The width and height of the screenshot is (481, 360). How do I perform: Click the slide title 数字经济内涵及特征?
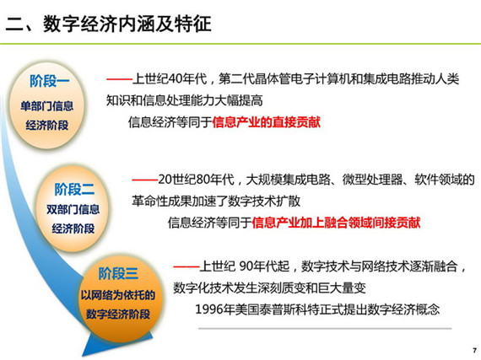[127, 24]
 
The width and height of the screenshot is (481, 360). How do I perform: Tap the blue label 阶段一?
[50, 81]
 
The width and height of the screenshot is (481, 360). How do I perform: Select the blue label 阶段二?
[74, 189]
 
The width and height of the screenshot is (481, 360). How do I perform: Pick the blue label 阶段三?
[118, 273]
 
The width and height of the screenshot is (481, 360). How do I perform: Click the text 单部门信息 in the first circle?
[47, 106]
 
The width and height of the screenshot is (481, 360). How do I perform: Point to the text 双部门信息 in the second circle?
[73, 210]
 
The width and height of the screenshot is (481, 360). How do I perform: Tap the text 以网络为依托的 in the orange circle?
[118, 295]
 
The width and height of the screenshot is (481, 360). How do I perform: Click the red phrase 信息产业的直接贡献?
[267, 122]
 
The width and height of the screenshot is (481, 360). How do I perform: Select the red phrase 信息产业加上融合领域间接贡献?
[336, 223]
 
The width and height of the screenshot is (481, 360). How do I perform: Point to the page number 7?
[475, 350]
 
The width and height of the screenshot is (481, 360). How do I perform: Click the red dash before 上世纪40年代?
[119, 79]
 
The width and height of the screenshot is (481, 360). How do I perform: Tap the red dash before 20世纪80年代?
[145, 180]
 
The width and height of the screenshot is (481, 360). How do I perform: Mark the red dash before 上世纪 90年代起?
[186, 267]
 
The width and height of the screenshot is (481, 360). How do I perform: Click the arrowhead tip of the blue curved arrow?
[83, 357]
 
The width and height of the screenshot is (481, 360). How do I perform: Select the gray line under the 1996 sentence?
[325, 329]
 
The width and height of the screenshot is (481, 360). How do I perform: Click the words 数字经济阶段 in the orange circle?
[118, 314]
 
